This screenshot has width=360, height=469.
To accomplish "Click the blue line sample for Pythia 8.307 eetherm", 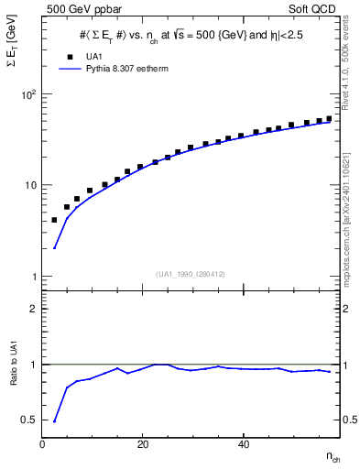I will [x=69, y=68].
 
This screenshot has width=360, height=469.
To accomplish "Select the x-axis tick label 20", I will [x=142, y=444].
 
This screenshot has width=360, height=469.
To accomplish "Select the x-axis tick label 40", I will [x=243, y=444].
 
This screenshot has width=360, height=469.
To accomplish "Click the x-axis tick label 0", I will [x=43, y=444].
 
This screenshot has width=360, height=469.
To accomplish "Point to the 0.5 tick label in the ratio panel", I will [x=28, y=420].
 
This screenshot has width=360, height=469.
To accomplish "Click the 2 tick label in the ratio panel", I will [x=32, y=309].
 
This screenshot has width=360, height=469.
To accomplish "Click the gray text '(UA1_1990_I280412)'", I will [x=190, y=273].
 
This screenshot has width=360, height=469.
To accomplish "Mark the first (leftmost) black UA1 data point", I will [x=54, y=220].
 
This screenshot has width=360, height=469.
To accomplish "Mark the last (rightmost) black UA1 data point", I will [x=329, y=118].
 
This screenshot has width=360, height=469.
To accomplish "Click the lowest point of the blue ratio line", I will [x=54, y=421].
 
